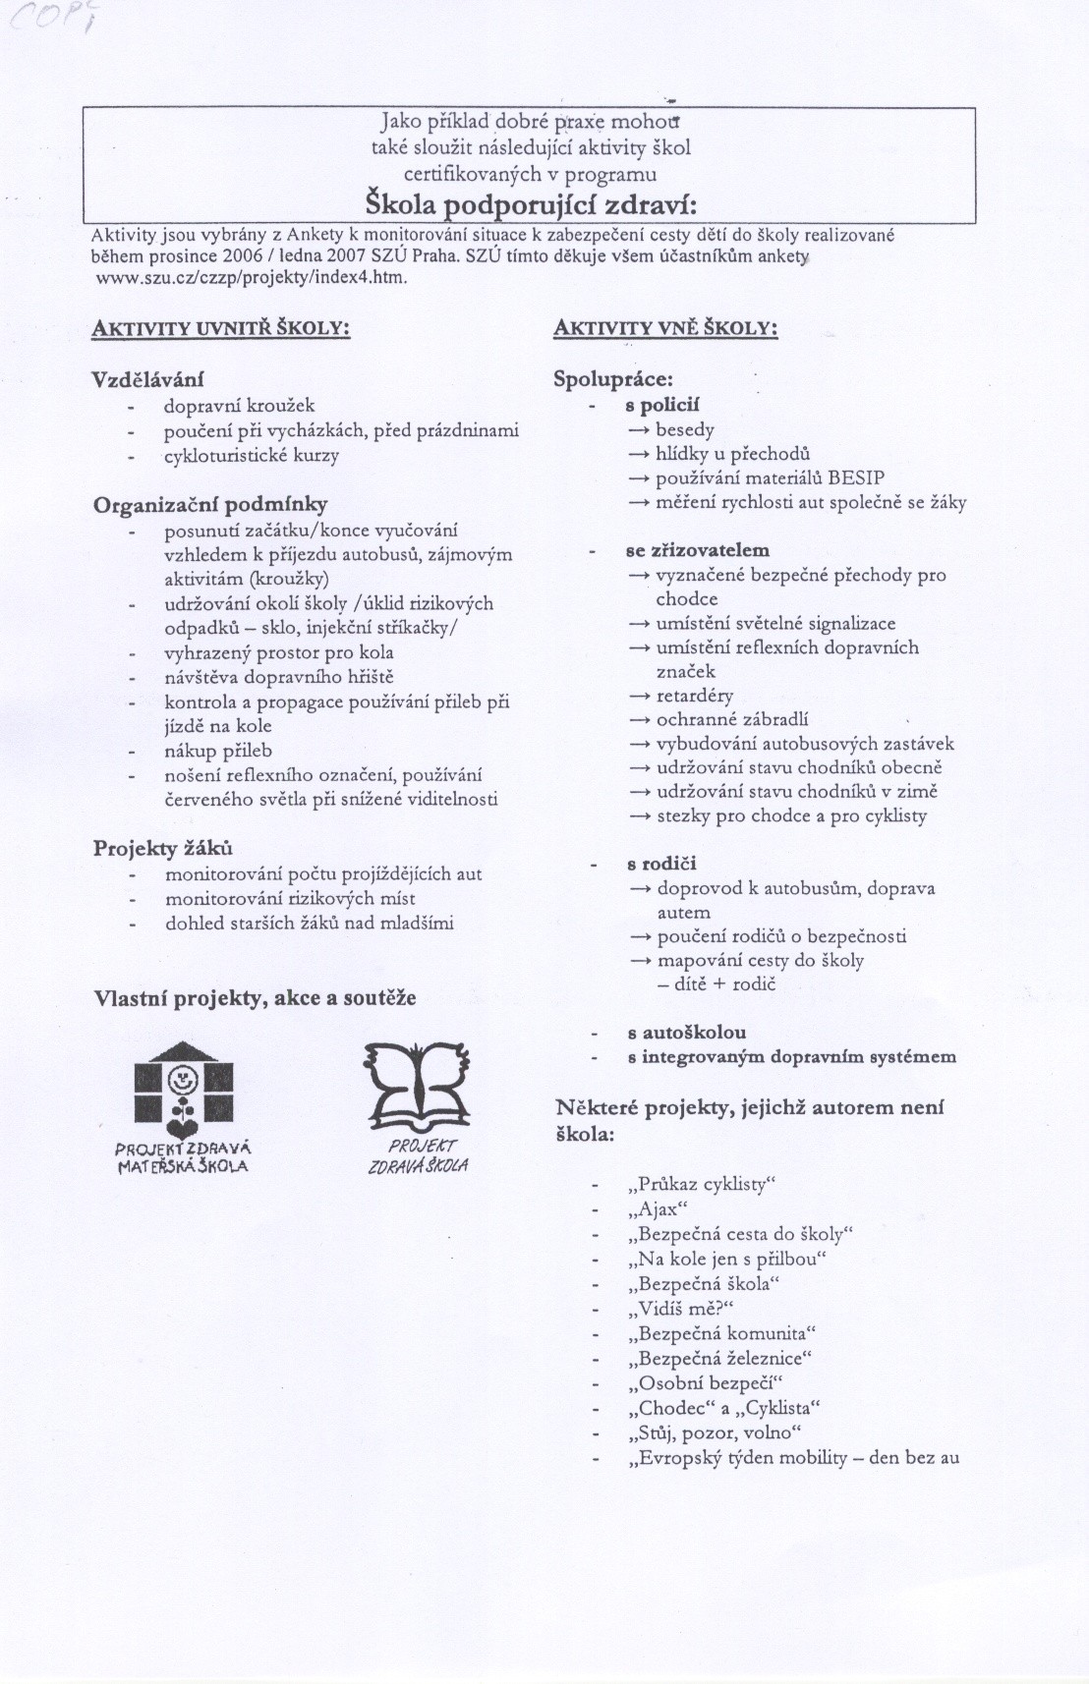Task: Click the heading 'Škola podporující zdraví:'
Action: pos(531,206)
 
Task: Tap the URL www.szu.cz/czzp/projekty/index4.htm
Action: pos(251,278)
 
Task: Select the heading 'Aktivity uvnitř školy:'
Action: pos(221,329)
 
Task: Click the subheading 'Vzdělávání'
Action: pos(148,379)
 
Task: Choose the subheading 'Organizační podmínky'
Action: pos(210,505)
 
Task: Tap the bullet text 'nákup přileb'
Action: pos(218,751)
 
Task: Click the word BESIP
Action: pos(856,478)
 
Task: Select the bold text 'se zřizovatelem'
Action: pos(697,550)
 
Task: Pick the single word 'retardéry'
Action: pos(695,696)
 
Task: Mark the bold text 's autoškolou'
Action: pos(686,1033)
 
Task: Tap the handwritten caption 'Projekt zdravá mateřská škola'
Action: pos(183,1156)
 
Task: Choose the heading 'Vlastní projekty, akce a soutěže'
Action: pos(255,998)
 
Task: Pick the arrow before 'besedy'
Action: pos(640,430)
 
